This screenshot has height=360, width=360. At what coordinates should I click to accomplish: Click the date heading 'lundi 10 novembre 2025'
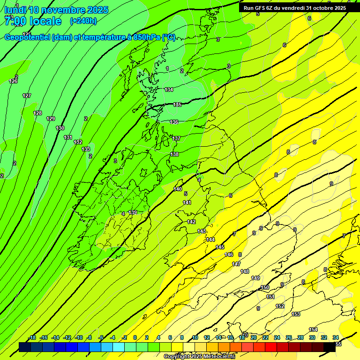[x=56, y=10]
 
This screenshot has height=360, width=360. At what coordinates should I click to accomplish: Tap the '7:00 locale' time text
[x=33, y=21]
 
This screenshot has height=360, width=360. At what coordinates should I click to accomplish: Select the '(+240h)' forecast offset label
[x=83, y=21]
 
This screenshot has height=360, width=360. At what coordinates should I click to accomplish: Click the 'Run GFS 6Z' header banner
[x=295, y=8]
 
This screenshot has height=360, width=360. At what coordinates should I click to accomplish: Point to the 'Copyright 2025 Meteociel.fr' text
[x=199, y=357]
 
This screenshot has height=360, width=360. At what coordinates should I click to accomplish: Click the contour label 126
[x=14, y=82]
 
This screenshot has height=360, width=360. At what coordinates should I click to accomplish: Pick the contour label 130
[x=60, y=128]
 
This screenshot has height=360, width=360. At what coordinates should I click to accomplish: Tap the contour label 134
[x=169, y=90]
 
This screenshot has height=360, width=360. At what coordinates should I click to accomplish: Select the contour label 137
[x=176, y=138]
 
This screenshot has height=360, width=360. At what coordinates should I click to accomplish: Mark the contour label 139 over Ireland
[x=133, y=212]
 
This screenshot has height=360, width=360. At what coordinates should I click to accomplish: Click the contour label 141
[x=187, y=202]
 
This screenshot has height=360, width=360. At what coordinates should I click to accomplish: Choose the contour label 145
[x=220, y=247]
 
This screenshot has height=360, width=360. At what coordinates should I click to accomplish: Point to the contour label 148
[x=245, y=271]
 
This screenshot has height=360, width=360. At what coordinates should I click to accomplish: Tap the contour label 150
[x=265, y=287]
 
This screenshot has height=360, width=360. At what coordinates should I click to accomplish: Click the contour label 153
[x=296, y=314]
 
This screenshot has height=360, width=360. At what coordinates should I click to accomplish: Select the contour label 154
[x=313, y=330]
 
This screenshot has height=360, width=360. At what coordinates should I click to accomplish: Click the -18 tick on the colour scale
[x=32, y=337]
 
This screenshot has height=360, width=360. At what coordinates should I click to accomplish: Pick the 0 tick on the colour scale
[x=135, y=337]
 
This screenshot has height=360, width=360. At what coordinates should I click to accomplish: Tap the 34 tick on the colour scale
[x=336, y=337]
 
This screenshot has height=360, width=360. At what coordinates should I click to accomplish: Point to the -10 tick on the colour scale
[x=79, y=337]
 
